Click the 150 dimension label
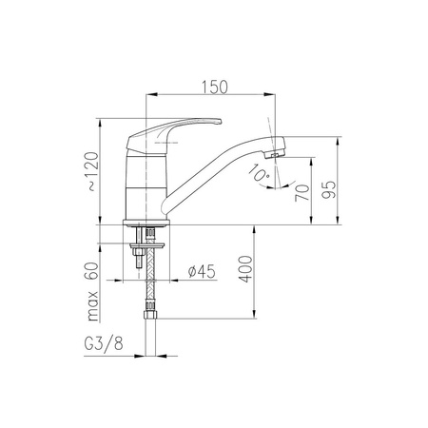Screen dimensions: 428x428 point(215,87)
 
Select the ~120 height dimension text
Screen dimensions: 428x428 point(93,171)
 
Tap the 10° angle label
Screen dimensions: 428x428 point(260,173)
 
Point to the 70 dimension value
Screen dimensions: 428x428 point(302,193)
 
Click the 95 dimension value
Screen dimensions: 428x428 point(329,189)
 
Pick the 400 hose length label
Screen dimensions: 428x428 point(245,269)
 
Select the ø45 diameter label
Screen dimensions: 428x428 point(202,271)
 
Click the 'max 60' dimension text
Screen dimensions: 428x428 point(92,292)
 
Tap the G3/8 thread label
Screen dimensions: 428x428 point(104,343)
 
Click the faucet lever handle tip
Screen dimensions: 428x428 point(219,121)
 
